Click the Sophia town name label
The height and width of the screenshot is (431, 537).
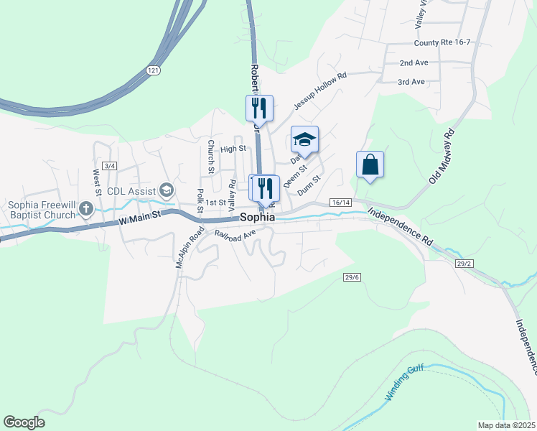coord(257,217)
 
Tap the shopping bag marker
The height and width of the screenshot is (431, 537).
coord(370,164)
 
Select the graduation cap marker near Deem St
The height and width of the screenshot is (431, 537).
coord(304,140)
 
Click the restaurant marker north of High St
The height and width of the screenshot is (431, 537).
coord(259,108)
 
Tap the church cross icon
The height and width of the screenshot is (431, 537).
coord(86,209)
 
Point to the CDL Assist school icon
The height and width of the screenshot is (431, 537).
coord(167,190)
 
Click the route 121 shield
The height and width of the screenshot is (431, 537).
coord(152,70)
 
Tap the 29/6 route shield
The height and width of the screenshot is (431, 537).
coord(352,277)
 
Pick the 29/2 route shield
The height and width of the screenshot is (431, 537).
coord(464,264)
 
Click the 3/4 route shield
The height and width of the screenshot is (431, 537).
coord(109,166)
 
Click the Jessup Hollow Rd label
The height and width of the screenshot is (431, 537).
coord(319,90)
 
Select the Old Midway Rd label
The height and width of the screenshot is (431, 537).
coord(442,156)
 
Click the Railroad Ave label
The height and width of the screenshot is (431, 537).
coord(235,233)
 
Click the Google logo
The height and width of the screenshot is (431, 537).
coord(24,422)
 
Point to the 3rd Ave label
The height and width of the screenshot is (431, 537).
coord(411,82)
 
